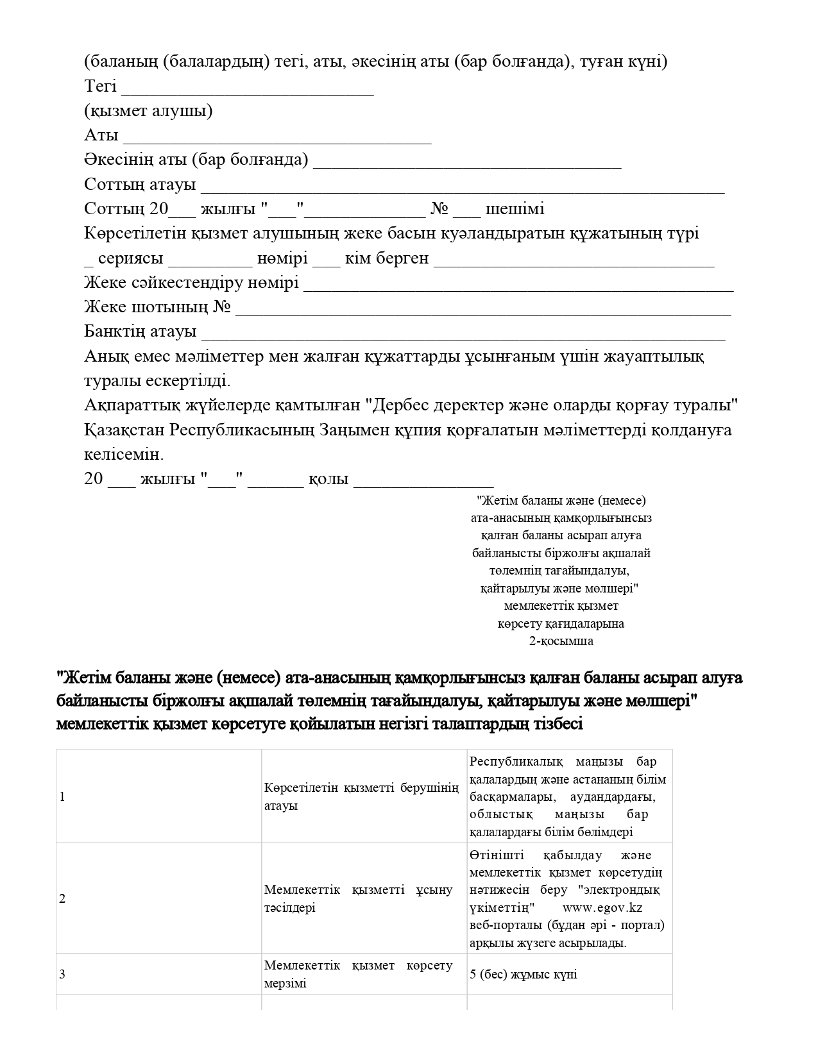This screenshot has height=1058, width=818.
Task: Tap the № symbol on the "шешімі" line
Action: click(x=439, y=209)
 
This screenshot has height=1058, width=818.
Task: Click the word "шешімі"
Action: click(x=515, y=209)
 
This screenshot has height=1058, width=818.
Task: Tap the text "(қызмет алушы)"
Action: click(x=148, y=111)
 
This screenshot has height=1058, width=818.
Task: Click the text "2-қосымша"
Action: click(x=561, y=641)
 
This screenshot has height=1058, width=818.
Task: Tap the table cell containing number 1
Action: click(x=158, y=796)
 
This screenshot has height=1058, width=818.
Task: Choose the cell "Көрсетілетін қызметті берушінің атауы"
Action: click(x=364, y=796)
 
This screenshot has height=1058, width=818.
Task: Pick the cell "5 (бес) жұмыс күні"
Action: click(x=524, y=975)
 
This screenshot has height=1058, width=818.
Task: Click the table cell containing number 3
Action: click(x=158, y=975)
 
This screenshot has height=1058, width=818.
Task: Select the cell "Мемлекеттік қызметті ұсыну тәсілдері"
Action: click(x=364, y=898)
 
